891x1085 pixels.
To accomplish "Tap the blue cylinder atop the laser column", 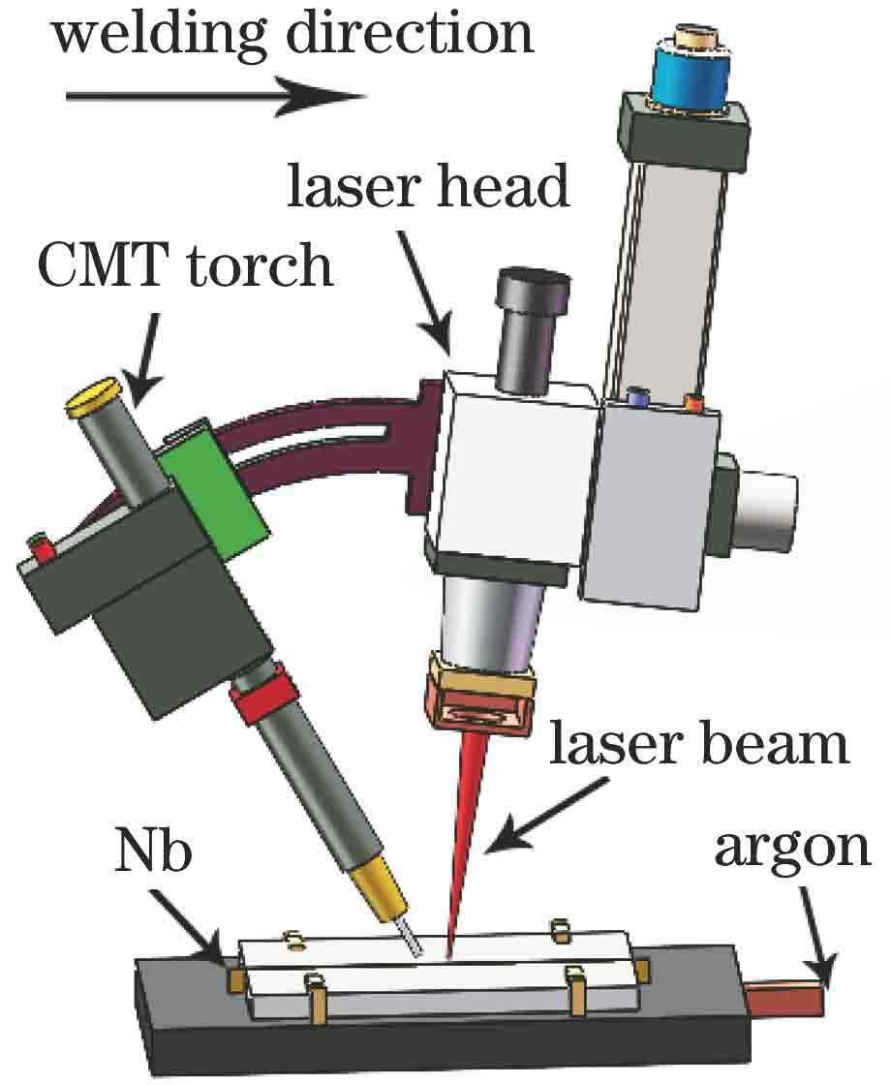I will [690, 74].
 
